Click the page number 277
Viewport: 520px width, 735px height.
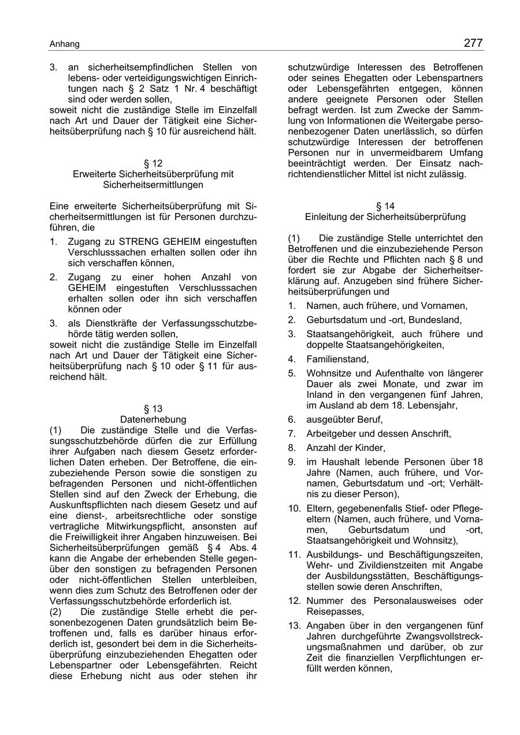(x=472, y=43)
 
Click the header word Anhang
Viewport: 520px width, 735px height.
(x=64, y=44)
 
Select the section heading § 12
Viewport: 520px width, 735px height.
(x=153, y=163)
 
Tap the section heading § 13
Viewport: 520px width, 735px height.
(x=153, y=409)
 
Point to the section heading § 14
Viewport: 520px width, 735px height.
(x=385, y=206)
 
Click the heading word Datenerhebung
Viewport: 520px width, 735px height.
(x=153, y=419)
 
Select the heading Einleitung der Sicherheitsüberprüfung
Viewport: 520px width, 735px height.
(x=385, y=217)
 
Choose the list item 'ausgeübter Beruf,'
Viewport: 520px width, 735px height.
(x=344, y=420)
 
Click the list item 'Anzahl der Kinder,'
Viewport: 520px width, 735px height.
(x=346, y=447)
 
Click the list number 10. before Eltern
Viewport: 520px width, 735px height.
(x=295, y=508)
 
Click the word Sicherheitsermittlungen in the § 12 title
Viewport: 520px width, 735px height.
(x=153, y=185)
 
